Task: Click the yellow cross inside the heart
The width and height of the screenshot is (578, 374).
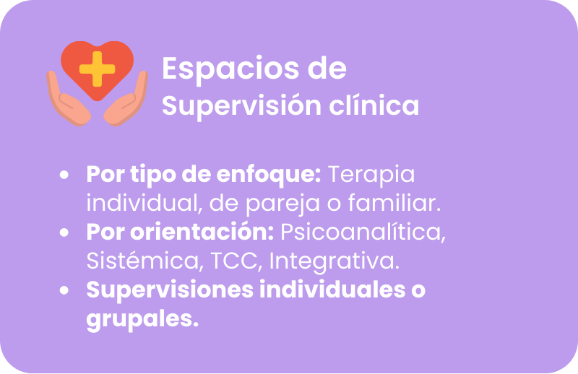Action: (98, 69)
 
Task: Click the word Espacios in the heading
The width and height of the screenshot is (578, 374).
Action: (230, 69)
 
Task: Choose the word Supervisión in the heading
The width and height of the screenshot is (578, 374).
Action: (241, 106)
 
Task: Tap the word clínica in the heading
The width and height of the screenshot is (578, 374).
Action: (374, 105)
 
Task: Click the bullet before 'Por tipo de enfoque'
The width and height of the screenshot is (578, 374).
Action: (64, 175)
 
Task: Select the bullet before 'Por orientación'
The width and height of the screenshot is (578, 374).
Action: (64, 232)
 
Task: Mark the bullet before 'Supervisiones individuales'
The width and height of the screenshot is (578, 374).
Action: (64, 290)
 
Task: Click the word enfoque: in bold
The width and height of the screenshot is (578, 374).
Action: (269, 175)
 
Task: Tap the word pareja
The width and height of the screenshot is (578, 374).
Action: (282, 204)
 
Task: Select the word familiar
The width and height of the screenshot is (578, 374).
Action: (394, 203)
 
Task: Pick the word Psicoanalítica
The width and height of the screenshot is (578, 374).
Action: (363, 232)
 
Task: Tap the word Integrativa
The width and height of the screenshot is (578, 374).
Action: (335, 261)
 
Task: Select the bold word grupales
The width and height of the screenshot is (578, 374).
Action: (142, 319)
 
